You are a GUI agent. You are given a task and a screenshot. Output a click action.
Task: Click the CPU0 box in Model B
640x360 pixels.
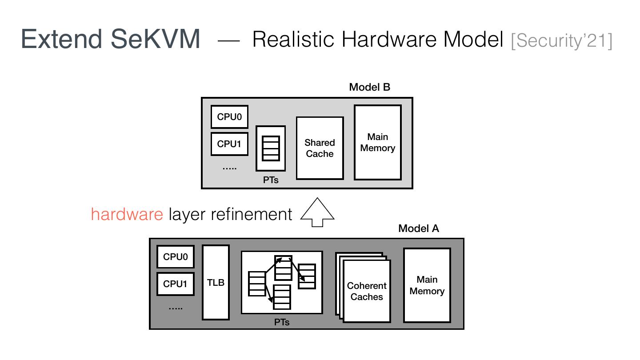(x=229, y=117)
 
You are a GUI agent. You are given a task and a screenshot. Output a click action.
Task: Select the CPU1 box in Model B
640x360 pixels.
(x=229, y=144)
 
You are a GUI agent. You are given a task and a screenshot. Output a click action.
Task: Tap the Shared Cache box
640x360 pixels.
(x=320, y=148)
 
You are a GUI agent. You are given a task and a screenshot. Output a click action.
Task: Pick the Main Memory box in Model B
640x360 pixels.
(x=377, y=142)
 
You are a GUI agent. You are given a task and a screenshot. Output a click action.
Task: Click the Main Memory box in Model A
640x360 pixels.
(x=427, y=285)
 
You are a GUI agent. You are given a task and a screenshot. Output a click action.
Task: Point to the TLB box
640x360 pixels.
(x=216, y=282)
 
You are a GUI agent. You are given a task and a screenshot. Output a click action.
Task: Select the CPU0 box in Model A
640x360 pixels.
(x=175, y=256)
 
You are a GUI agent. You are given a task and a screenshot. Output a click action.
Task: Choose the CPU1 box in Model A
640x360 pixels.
(x=175, y=284)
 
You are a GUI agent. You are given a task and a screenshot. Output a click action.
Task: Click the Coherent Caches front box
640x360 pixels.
(x=367, y=291)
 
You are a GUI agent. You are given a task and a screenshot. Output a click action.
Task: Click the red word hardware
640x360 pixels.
(x=127, y=214)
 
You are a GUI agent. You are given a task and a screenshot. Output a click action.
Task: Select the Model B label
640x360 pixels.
(x=369, y=87)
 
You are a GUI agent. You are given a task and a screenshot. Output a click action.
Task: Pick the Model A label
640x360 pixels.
(x=418, y=228)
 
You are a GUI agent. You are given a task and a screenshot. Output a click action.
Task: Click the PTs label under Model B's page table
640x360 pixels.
(x=271, y=180)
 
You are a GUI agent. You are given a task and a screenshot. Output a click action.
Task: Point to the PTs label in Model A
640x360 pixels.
(x=282, y=322)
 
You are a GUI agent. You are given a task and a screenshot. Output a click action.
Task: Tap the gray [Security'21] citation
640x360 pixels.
(x=561, y=40)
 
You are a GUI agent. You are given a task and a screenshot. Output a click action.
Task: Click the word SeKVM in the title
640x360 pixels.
(x=155, y=39)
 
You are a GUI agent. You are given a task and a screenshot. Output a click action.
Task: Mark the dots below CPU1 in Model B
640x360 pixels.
(x=229, y=168)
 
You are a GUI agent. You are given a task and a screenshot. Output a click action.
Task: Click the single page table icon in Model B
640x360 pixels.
(x=271, y=148)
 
